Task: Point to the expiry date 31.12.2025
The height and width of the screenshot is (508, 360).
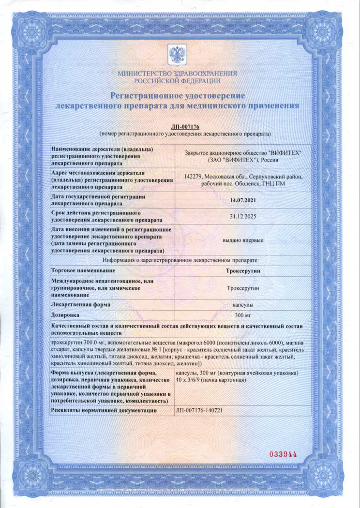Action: pyautogui.click(x=243, y=216)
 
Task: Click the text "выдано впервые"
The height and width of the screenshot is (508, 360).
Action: pyautogui.click(x=243, y=240)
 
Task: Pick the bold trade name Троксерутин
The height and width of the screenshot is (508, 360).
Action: pyautogui.click(x=243, y=271)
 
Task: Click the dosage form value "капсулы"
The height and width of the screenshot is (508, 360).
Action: pyautogui.click(x=243, y=305)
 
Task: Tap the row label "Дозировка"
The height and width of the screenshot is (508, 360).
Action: pyautogui.click(x=66, y=316)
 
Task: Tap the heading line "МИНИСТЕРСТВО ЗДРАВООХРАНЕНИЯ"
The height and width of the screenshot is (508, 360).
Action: pyautogui.click(x=177, y=74)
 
